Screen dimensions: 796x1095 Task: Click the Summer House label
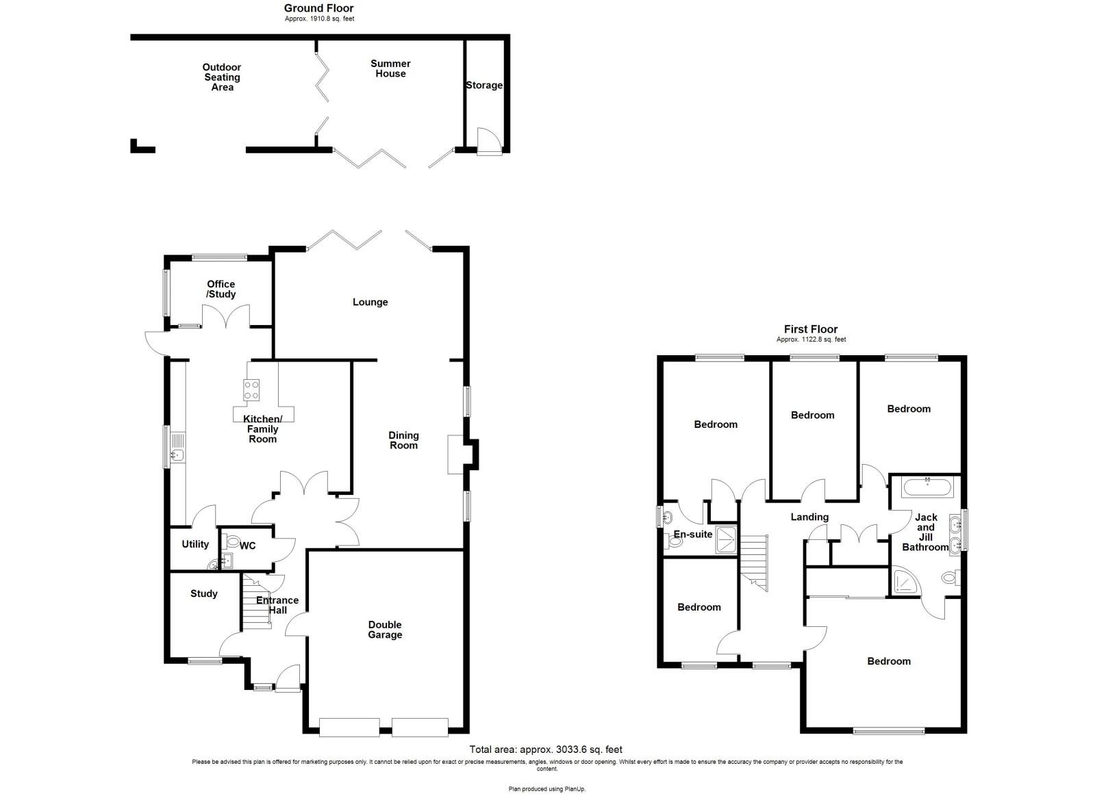coord(390,68)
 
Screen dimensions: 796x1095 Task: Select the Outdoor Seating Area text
coord(221,77)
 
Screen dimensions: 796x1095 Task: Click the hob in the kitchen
coord(251,389)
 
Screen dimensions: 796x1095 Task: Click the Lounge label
coord(370,302)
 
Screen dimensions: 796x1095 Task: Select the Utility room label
coord(195,544)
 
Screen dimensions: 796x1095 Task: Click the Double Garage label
coord(385,630)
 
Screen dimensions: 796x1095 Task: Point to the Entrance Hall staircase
coord(255,602)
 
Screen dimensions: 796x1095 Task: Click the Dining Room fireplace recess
coord(456,454)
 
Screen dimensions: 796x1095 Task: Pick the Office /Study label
coord(221,289)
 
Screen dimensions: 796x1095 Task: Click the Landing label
coord(809,517)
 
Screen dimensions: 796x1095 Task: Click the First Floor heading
coord(811,329)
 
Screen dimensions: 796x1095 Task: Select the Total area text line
coord(546,749)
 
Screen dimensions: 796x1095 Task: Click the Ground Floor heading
coord(319,8)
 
